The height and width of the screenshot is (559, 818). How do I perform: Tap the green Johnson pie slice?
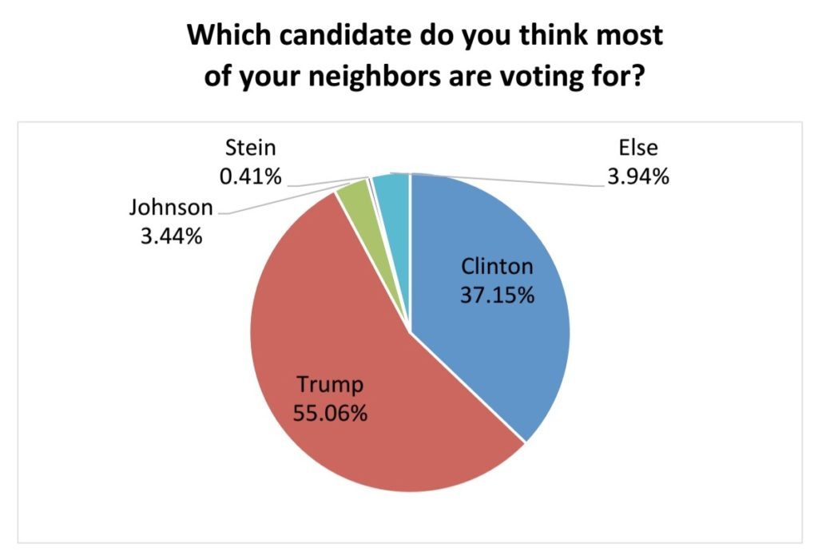[349, 192]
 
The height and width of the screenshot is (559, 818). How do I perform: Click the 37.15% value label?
[496, 295]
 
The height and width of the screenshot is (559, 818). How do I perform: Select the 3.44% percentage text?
[169, 237]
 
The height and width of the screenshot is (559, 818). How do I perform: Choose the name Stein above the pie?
[250, 148]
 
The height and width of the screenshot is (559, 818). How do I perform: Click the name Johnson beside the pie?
[171, 208]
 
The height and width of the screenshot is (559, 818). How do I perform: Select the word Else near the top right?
[637, 149]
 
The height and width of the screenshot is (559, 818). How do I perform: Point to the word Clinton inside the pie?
[496, 266]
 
